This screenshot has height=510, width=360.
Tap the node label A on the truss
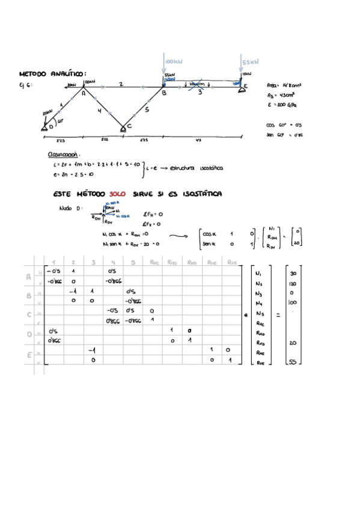tap(83, 92)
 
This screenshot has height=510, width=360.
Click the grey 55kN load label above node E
tap(250, 61)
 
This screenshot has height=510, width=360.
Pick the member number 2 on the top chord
tap(121, 84)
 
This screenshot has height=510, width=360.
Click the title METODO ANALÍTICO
tap(53, 73)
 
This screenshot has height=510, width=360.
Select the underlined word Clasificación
tap(67, 154)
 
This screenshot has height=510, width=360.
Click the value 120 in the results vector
tap(293, 283)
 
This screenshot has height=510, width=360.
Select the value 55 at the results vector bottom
tap(293, 362)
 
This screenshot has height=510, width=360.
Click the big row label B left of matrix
tap(29, 296)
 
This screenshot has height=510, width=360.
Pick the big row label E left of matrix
tap(29, 355)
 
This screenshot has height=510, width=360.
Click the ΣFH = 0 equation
tap(153, 214)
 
